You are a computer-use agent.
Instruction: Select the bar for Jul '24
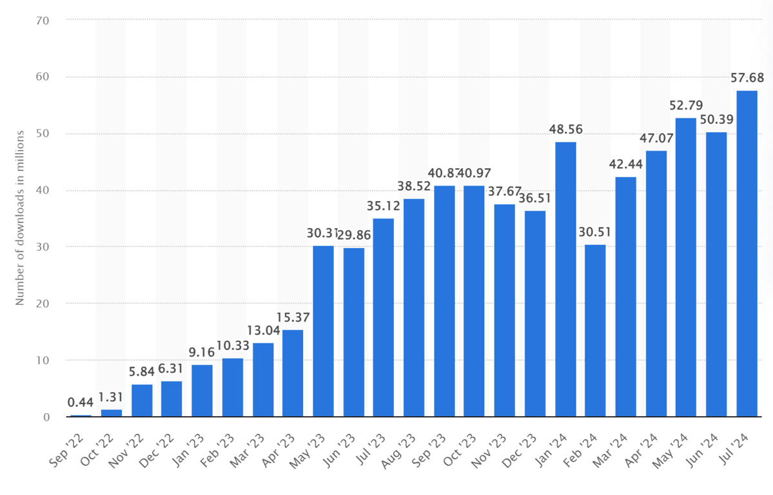[747, 254]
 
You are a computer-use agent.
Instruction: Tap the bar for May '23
[324, 331]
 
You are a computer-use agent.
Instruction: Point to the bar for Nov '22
[142, 400]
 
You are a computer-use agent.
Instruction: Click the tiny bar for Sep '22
[81, 416]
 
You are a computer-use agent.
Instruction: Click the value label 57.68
[747, 78]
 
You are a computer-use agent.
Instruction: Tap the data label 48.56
[565, 130]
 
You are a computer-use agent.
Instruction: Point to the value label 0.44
[81, 403]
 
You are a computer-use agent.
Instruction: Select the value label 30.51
[596, 232]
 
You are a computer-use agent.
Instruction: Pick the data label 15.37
[293, 318]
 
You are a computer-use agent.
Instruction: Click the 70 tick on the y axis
[43, 20]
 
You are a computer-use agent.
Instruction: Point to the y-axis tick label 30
[43, 247]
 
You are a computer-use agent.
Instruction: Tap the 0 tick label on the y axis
[46, 417]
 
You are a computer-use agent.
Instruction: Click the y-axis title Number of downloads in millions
[20, 217]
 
